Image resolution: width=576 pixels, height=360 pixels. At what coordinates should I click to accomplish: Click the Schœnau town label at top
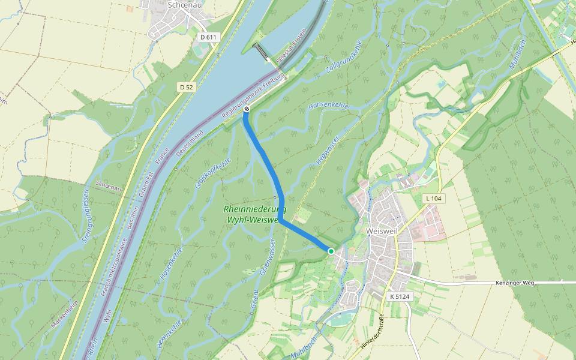[x=185, y=5]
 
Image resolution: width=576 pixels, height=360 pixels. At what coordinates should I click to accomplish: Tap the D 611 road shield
[x=208, y=37]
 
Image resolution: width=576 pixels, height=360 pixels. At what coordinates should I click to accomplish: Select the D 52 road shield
[x=186, y=88]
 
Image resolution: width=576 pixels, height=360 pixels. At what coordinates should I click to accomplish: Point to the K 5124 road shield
[x=399, y=296]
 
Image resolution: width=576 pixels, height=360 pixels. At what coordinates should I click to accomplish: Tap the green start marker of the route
[x=331, y=251]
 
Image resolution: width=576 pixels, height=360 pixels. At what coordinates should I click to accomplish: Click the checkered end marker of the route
[x=246, y=109]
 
